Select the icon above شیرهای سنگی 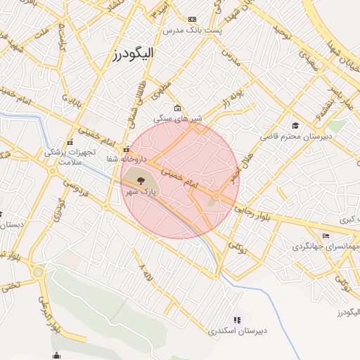pyautogui.click(x=177, y=108)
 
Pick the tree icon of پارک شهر pyautogui.click(x=131, y=180)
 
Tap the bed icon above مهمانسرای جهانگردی pyautogui.click(x=325, y=236)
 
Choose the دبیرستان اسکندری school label pyautogui.click(x=236, y=330)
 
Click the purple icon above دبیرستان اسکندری pyautogui.click(x=236, y=319)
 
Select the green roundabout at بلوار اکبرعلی pyautogui.click(x=38, y=273)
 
